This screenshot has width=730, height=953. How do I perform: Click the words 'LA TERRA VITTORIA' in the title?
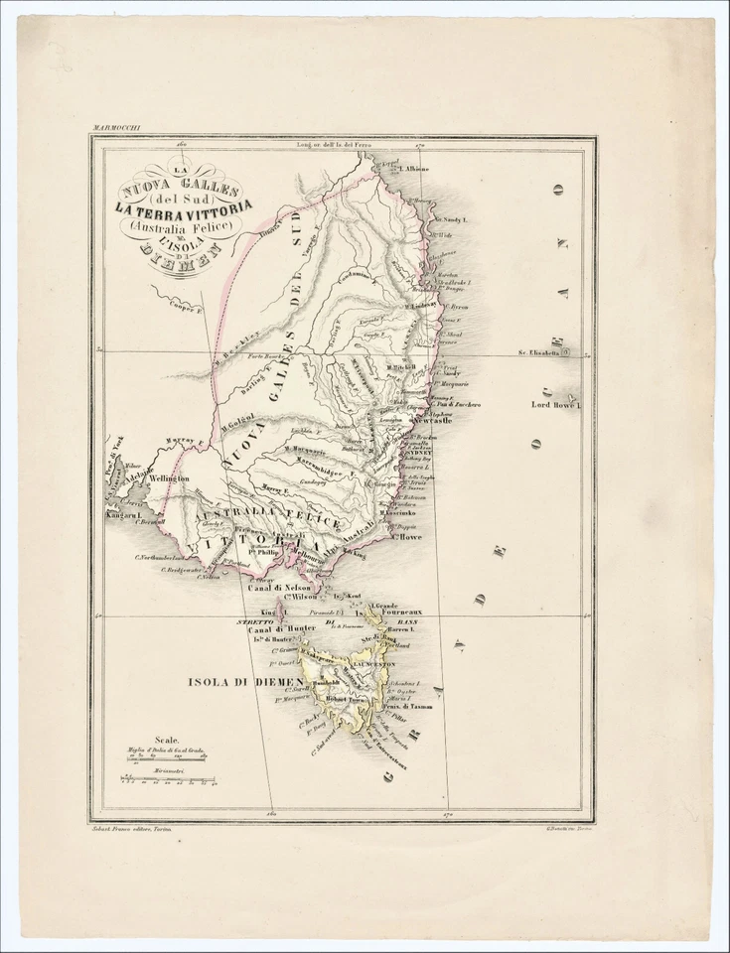coord(184,207)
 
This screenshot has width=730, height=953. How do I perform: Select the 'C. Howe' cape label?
coord(409,537)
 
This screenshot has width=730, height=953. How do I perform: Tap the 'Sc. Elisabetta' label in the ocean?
coord(539,351)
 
